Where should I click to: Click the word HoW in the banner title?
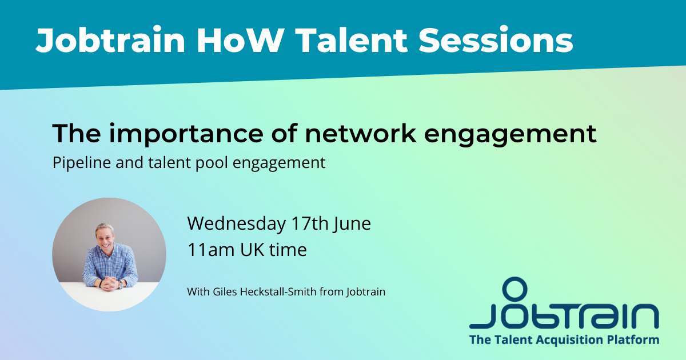239,40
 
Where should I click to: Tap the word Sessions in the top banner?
496,40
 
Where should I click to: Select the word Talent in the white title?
352,40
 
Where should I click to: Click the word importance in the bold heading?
186,134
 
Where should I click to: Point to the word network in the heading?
361,134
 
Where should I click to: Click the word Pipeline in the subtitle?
81,162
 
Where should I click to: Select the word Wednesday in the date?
237,223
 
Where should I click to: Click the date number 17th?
310,223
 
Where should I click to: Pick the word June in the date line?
352,224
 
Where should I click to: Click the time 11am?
211,250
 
